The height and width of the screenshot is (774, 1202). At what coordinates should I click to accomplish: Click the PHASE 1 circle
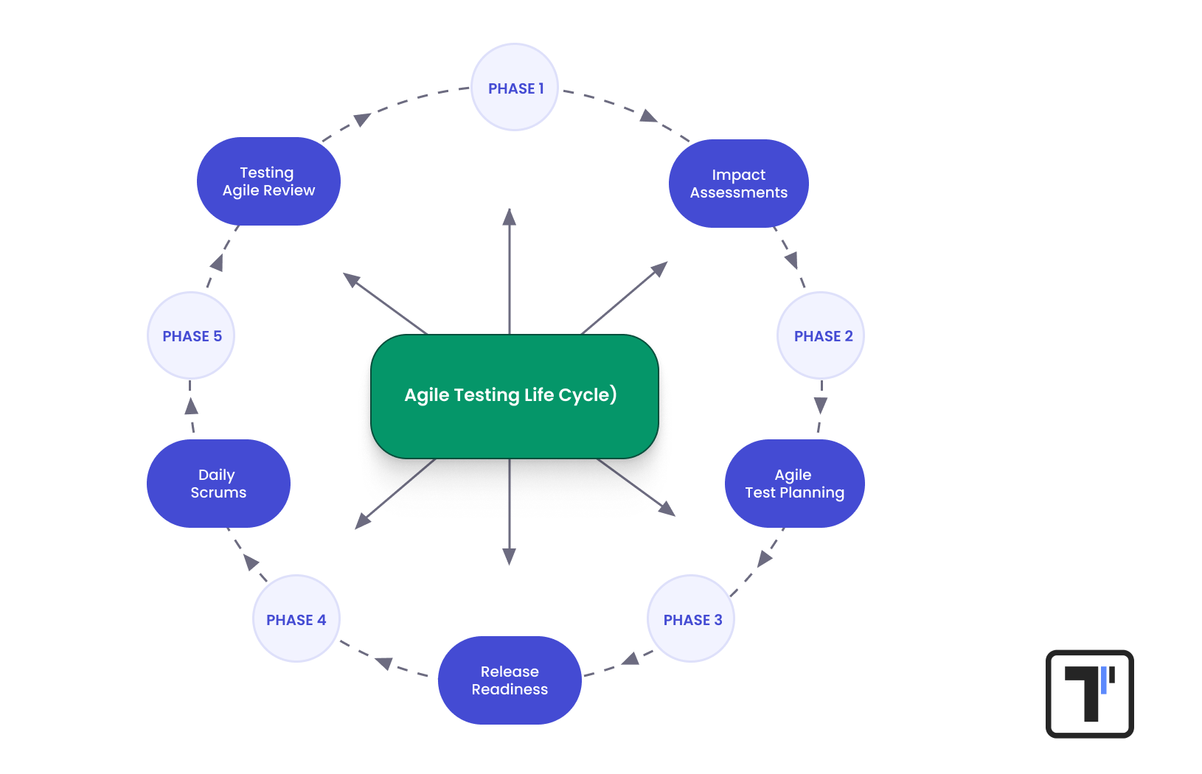point(515,88)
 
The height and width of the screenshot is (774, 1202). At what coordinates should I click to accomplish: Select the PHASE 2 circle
point(821,335)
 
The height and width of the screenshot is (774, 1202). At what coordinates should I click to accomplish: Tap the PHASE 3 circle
point(691,619)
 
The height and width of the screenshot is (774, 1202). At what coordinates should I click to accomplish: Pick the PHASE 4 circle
point(296,619)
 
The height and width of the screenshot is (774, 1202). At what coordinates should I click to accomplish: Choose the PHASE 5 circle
point(191,335)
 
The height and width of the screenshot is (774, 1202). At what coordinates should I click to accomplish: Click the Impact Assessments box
point(738,184)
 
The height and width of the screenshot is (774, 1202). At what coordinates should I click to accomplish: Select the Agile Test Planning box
point(794,484)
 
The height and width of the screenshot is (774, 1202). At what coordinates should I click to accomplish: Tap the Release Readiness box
point(510,680)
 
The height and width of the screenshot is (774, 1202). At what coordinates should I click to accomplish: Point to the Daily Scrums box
point(218,484)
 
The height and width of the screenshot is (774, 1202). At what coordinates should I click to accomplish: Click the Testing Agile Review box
point(268,181)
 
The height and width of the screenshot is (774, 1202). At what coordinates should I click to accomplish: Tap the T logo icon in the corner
point(1089,694)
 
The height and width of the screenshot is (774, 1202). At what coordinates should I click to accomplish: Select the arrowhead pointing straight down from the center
point(510,557)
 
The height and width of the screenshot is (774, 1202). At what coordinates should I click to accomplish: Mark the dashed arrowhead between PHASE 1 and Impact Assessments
point(648,116)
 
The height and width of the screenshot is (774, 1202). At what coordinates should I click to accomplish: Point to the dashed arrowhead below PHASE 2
point(821,405)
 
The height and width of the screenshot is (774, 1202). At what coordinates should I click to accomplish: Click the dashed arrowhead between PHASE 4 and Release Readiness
point(384,663)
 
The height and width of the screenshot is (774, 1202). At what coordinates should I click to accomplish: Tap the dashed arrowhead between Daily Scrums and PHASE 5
point(192,406)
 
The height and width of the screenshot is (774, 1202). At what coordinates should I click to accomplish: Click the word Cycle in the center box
point(583,395)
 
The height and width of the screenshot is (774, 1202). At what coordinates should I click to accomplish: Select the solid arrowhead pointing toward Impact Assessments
point(659,269)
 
